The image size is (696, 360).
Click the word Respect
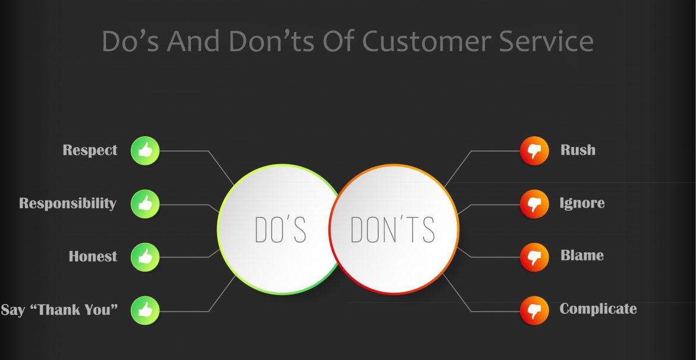point(90,151)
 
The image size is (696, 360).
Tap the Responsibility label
point(68,204)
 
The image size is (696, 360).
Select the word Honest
point(93,256)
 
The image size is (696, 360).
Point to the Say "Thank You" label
point(59,309)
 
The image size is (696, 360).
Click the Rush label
point(578,149)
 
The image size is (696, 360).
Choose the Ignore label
point(582,203)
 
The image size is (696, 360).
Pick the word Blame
point(582,255)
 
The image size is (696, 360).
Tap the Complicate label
point(598,309)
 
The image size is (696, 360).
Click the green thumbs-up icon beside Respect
point(145,151)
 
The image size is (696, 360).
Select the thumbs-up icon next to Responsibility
point(145,204)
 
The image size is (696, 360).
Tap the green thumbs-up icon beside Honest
point(145,258)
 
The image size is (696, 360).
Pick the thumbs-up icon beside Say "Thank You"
point(145,311)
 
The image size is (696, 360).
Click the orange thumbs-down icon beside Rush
point(534,151)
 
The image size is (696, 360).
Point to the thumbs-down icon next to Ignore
point(534,204)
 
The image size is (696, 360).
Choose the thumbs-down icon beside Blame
point(534,258)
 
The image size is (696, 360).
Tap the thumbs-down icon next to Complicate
point(534,311)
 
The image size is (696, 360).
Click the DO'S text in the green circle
point(281,230)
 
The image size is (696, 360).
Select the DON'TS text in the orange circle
point(393,230)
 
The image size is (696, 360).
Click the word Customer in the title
point(427,41)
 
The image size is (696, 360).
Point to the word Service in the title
point(547,41)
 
